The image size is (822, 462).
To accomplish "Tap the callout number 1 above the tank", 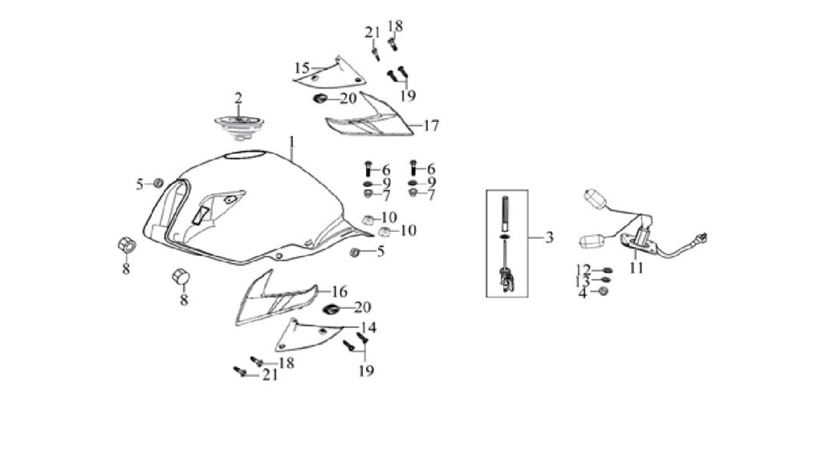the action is pyautogui.click(x=292, y=142).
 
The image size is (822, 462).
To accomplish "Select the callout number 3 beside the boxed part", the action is pyautogui.click(x=549, y=237).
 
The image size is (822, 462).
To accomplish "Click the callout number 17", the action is pyautogui.click(x=431, y=126).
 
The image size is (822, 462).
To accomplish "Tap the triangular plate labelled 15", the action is pyautogui.click(x=330, y=71).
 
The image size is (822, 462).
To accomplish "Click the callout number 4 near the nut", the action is pyautogui.click(x=583, y=293).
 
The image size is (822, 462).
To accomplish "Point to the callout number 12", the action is pyautogui.click(x=583, y=270).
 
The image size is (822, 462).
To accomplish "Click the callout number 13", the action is pyautogui.click(x=583, y=282).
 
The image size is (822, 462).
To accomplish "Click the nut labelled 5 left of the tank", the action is pyautogui.click(x=157, y=184).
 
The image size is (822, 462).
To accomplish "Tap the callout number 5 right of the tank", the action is pyautogui.click(x=380, y=251).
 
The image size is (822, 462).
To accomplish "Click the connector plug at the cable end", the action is pyautogui.click(x=700, y=239).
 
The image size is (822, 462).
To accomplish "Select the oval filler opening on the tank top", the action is pyautogui.click(x=244, y=155).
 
